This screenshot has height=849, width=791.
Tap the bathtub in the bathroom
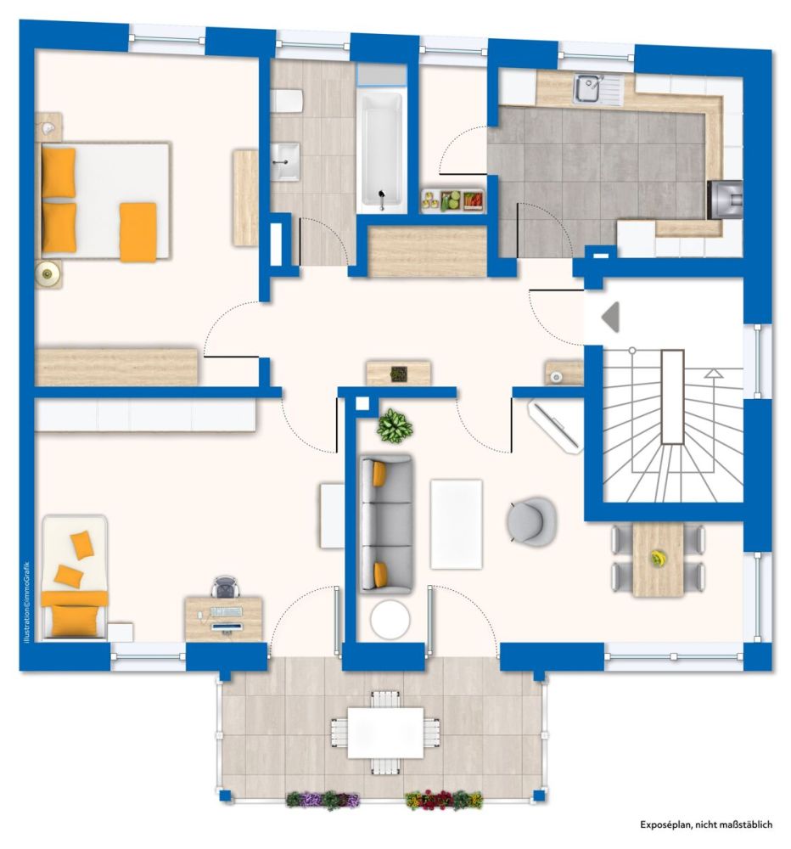pyautogui.click(x=382, y=152)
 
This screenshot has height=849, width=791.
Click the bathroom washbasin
pyautogui.click(x=285, y=161)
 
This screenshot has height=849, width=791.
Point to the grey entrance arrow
pyautogui.click(x=611, y=317)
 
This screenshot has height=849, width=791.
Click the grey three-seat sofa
pyautogui.click(x=386, y=524)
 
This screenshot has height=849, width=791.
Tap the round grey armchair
pyautogui.click(x=532, y=520)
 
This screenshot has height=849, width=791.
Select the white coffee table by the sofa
pyautogui.click(x=456, y=524)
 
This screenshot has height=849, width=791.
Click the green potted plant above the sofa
pyautogui.click(x=395, y=425)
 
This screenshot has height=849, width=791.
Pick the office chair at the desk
pyautogui.click(x=225, y=587)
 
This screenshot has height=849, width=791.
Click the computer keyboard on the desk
pyautogui.click(x=227, y=612)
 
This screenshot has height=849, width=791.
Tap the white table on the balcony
pyautogui.click(x=385, y=732)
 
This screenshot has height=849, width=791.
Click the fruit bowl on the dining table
pyautogui.click(x=658, y=558)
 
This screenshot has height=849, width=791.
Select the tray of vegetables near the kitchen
pyautogui.click(x=452, y=201)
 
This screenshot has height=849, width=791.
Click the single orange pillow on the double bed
pyautogui.click(x=138, y=232)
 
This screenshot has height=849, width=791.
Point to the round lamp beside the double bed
pyautogui.click(x=48, y=273)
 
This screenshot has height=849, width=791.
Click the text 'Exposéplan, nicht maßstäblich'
pyautogui.click(x=706, y=824)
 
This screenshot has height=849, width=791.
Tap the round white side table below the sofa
pyautogui.click(x=390, y=619)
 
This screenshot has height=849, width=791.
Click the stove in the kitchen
pyautogui.click(x=725, y=200)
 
